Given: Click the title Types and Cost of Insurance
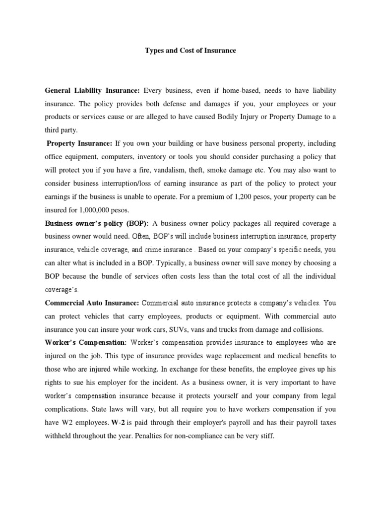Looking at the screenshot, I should point(190,51).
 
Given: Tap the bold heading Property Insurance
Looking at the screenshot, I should point(79,144).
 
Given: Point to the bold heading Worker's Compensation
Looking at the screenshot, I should point(85,342).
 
